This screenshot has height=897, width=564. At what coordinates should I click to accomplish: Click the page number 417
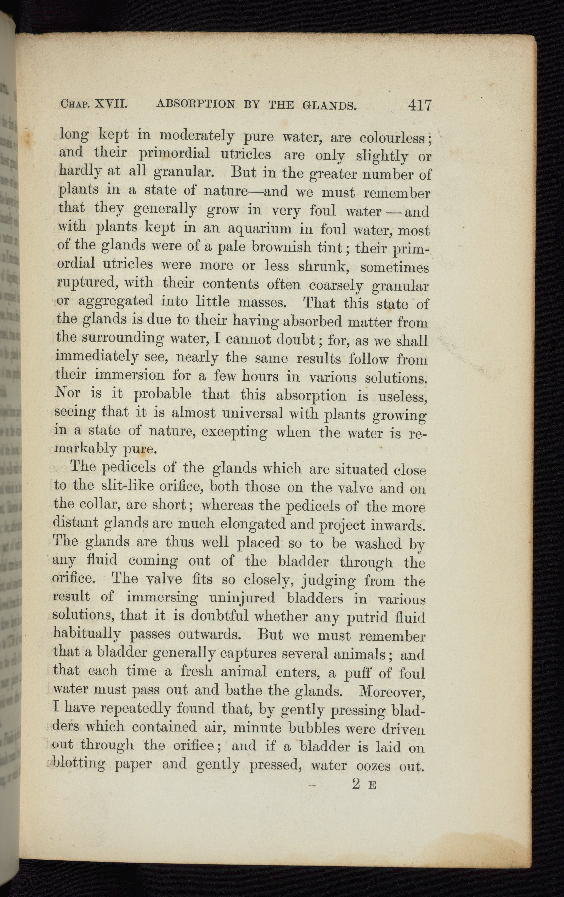point(419,106)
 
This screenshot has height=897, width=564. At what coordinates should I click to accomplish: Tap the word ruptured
point(87,284)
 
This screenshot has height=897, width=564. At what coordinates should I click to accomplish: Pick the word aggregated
point(115,302)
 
